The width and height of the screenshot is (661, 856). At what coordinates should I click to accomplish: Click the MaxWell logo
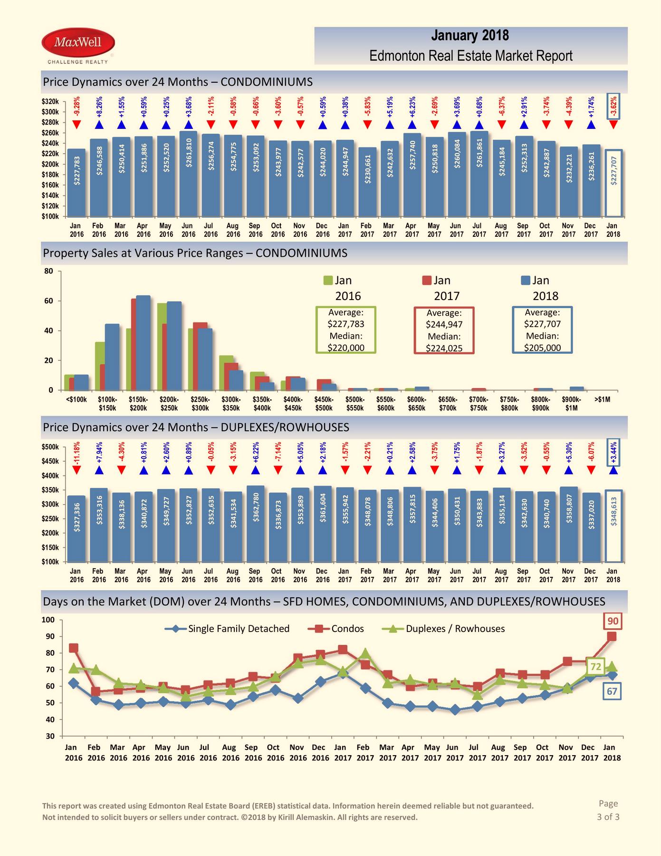point(78,45)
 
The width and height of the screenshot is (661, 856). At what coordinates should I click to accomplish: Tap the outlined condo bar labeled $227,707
point(613,184)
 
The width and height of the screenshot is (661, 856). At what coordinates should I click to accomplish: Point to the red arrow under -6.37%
point(502,125)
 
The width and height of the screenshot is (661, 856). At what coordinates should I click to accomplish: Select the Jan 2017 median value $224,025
point(444,348)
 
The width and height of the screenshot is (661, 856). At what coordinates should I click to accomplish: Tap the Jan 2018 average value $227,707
point(542,324)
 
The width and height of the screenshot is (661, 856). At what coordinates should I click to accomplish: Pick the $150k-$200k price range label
point(138,404)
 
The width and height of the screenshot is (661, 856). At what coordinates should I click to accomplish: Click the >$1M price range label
point(602,399)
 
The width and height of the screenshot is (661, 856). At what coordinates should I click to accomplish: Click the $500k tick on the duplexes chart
point(51,447)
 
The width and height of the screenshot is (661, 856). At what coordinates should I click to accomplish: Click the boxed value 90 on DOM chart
point(613,621)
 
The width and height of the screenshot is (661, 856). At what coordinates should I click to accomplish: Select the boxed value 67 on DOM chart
point(612,691)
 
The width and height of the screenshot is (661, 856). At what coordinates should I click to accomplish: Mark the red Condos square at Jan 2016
point(74,648)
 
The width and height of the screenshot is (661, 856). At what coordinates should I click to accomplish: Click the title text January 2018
point(470,36)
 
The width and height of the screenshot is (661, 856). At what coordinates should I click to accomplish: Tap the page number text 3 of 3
point(608,817)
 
